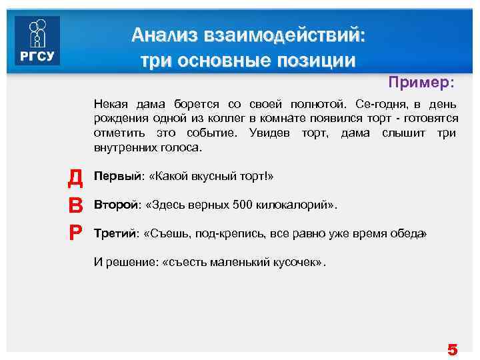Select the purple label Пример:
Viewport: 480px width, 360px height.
422,83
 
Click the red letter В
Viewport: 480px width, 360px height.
75,205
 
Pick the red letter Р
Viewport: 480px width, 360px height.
75,233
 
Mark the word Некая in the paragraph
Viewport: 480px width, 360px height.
111,105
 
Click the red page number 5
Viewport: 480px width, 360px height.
453,349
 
